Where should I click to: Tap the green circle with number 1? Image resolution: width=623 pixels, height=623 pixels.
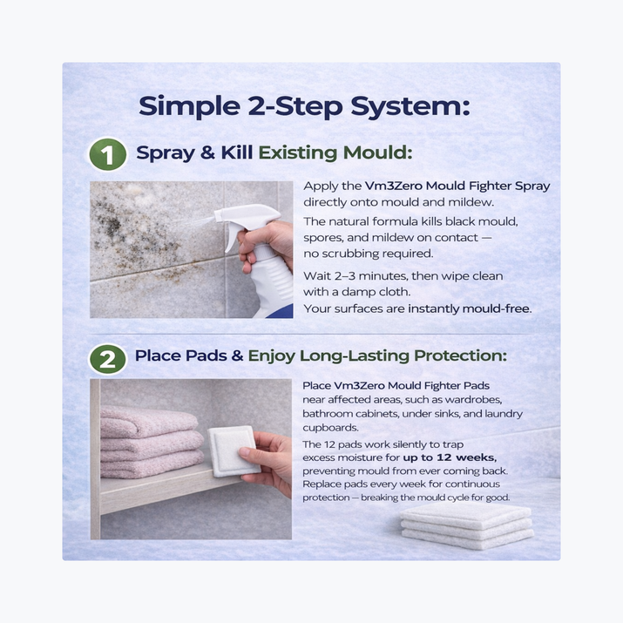point(106,156)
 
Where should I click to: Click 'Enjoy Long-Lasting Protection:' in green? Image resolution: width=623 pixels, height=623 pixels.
point(377,356)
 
